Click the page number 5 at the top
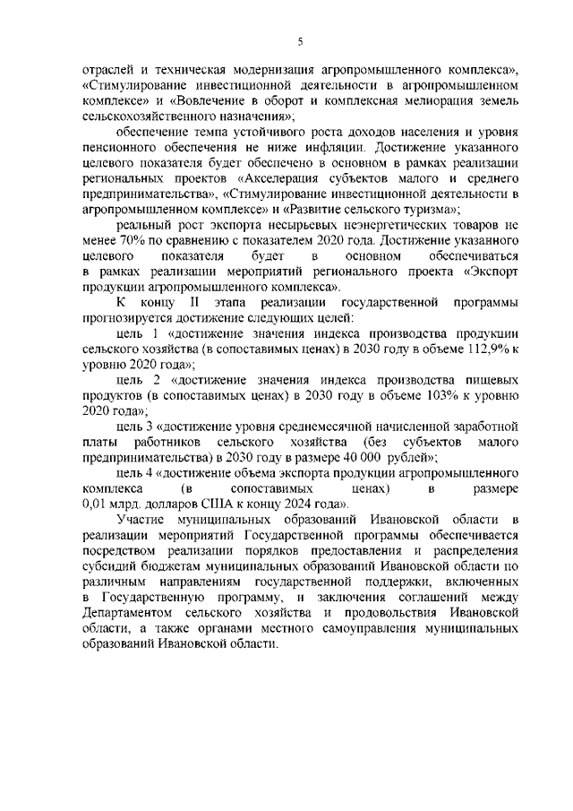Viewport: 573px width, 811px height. (300, 40)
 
